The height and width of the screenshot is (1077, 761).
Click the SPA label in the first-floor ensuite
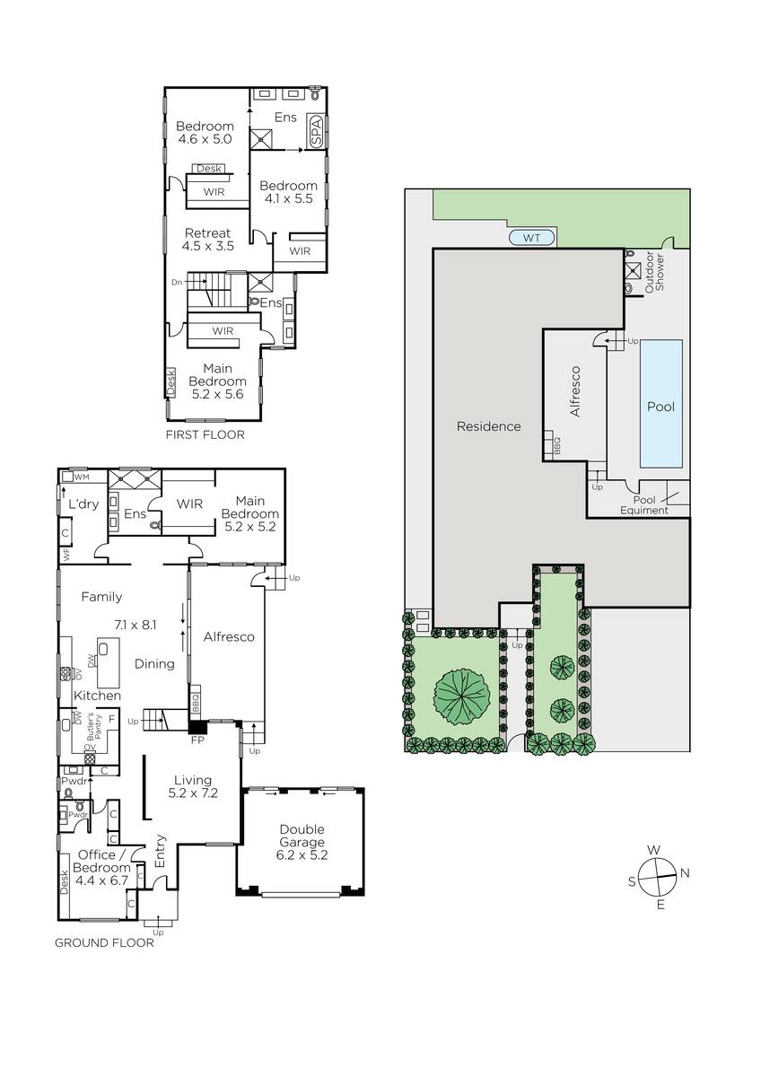(x=316, y=132)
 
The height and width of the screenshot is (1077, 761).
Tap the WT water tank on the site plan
(x=531, y=238)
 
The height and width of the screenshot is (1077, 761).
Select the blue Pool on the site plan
(x=661, y=404)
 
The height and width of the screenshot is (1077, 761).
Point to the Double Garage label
(x=302, y=842)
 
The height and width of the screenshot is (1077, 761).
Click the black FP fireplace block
(x=197, y=726)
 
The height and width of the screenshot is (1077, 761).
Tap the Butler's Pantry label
(x=94, y=728)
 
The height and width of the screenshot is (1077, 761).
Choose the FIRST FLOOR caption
(x=206, y=434)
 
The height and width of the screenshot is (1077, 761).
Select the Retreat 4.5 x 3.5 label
(x=208, y=240)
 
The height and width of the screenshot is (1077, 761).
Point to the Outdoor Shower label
(x=654, y=272)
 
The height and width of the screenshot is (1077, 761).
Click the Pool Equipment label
(x=644, y=504)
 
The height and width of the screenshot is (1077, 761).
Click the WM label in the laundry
(x=83, y=477)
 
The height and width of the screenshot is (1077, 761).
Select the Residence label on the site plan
(x=489, y=426)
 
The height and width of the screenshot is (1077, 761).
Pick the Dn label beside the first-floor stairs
(x=177, y=282)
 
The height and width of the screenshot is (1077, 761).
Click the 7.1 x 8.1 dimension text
(x=136, y=625)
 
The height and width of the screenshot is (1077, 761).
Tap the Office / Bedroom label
(x=101, y=867)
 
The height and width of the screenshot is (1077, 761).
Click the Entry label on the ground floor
(x=160, y=851)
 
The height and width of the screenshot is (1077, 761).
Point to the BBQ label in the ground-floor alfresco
(x=196, y=703)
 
